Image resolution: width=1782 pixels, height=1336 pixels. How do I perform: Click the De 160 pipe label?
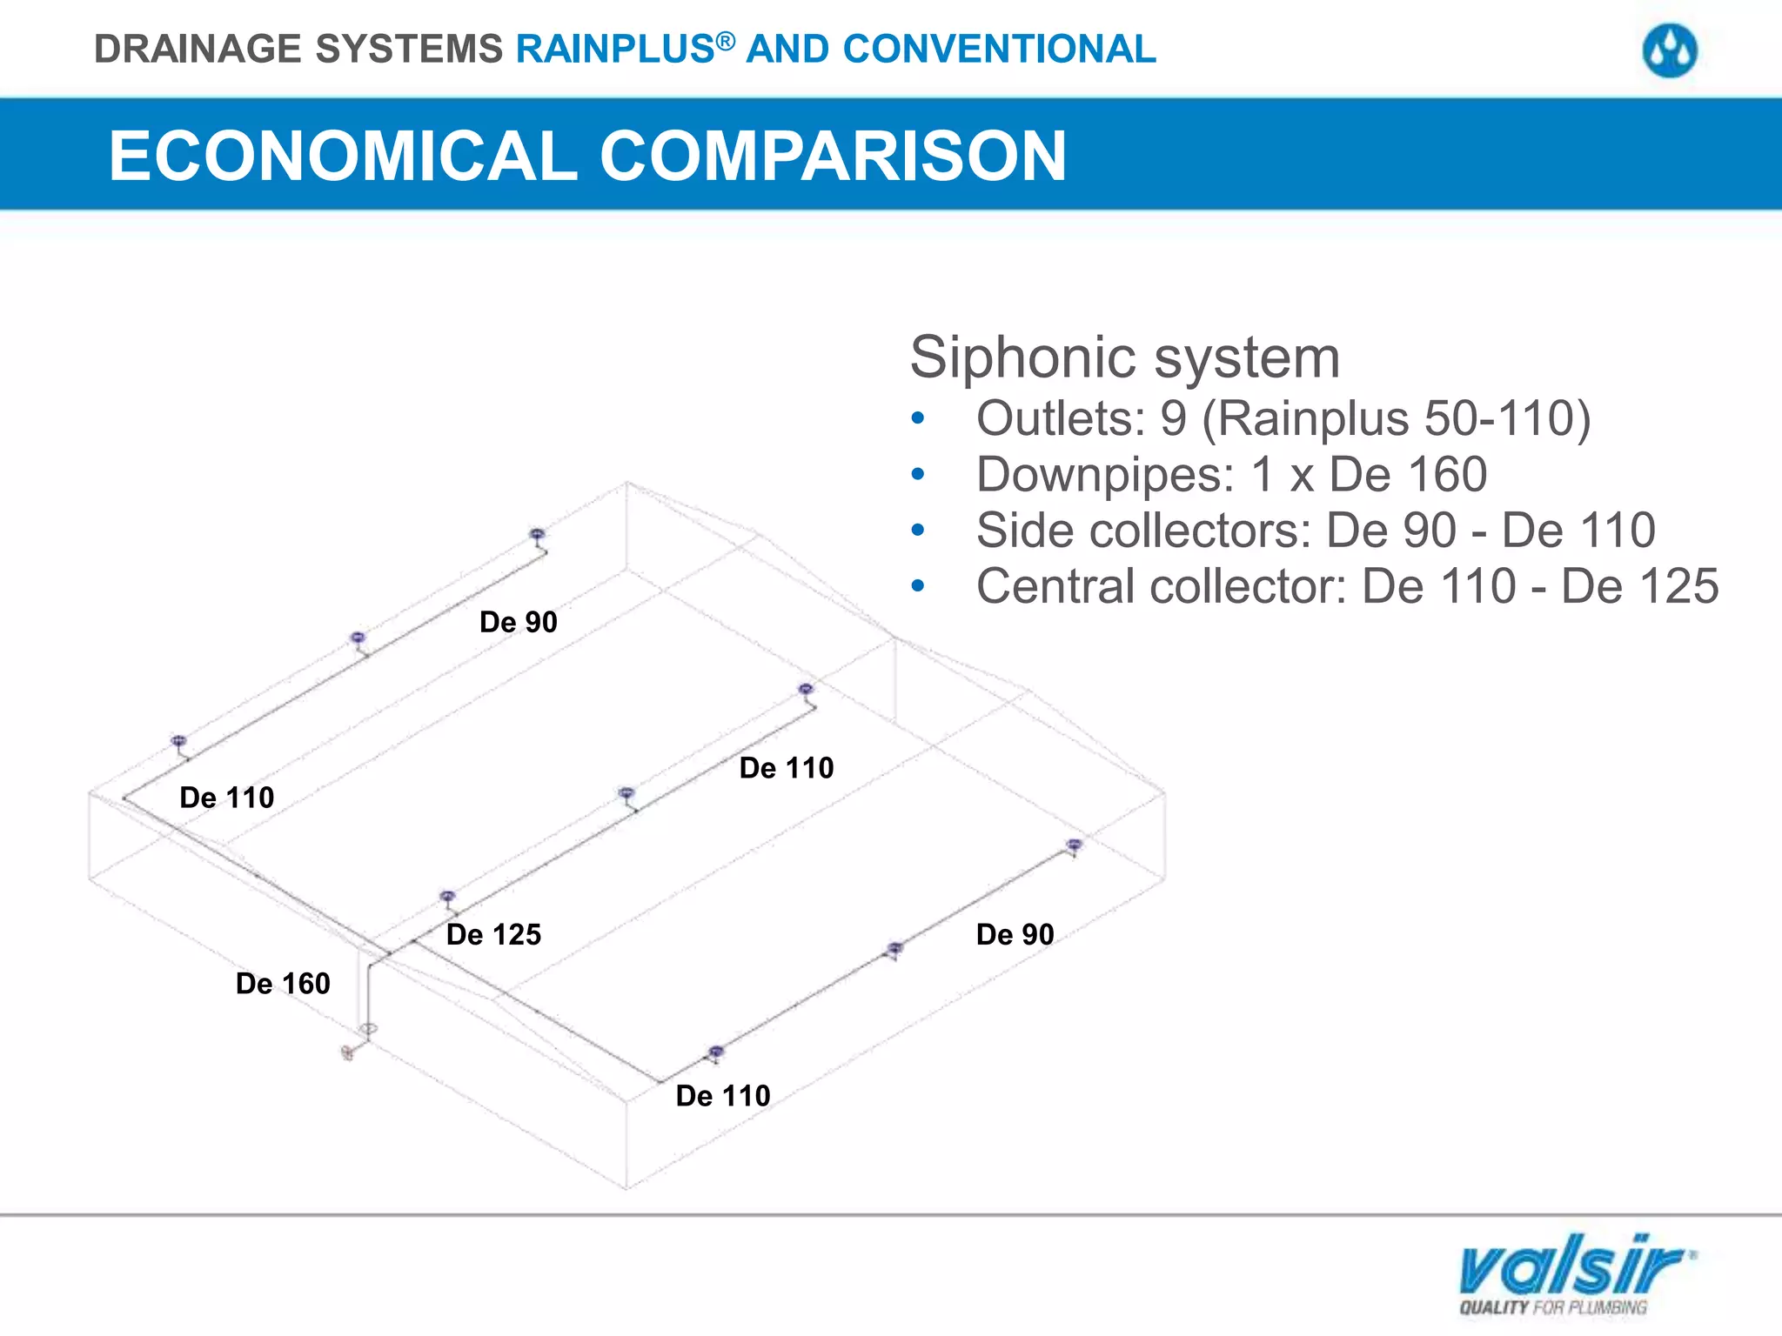(283, 984)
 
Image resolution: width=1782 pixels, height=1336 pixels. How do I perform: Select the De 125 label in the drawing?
(493, 935)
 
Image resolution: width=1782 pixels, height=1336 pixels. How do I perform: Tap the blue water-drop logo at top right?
(1669, 50)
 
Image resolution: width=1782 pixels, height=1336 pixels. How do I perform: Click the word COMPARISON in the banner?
(833, 156)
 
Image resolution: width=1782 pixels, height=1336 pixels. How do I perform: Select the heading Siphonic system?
(1124, 357)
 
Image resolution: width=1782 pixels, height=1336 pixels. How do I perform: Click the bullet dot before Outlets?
(917, 419)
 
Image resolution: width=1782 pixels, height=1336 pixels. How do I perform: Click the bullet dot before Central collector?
(917, 586)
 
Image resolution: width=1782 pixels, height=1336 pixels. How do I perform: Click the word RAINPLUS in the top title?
(615, 50)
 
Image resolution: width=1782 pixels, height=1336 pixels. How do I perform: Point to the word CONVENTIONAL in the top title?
(999, 50)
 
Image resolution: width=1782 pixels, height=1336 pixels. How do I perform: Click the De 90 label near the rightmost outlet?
(1015, 935)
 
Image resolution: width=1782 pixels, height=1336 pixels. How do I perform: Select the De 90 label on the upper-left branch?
(518, 623)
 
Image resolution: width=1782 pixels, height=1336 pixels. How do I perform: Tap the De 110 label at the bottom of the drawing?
(723, 1096)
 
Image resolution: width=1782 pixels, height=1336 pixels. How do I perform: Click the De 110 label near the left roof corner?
(226, 798)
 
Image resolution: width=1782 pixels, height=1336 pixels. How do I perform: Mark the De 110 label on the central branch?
(786, 768)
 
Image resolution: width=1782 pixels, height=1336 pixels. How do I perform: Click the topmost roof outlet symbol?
(537, 534)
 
